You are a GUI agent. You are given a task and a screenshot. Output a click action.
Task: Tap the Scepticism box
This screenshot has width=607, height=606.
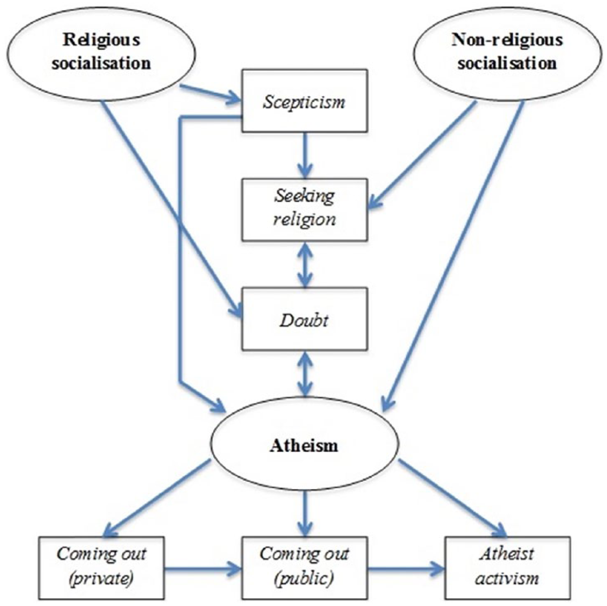[x=304, y=101]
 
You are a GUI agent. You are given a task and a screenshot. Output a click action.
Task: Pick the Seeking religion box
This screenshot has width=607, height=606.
[x=304, y=210]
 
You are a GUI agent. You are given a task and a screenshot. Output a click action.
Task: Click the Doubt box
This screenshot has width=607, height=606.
[x=304, y=318]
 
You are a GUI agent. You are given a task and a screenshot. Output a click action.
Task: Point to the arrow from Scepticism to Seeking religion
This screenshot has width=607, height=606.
[x=304, y=155]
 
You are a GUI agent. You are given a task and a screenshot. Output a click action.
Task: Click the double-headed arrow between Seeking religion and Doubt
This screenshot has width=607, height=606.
[x=304, y=264]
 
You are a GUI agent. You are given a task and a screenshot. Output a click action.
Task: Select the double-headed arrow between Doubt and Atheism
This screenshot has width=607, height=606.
[x=304, y=373]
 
